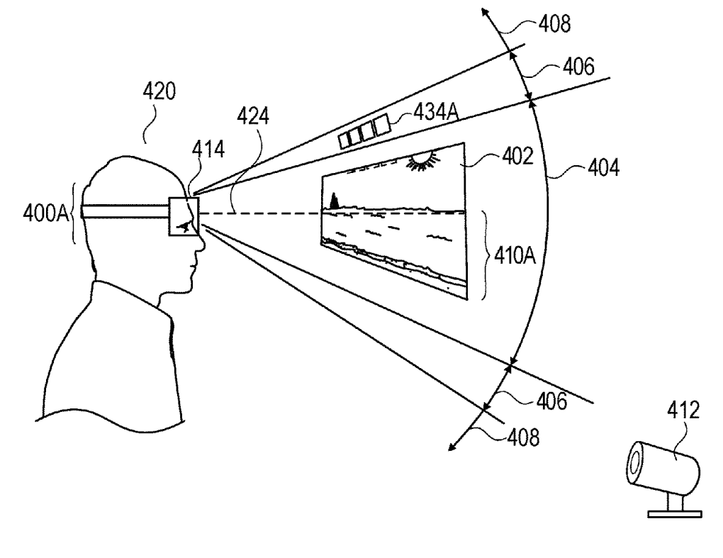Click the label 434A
tap(421, 113)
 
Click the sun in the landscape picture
tap(422, 162)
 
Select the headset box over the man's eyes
tap(184, 216)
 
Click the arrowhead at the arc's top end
tap(486, 12)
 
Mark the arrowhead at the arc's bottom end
tap(452, 446)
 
